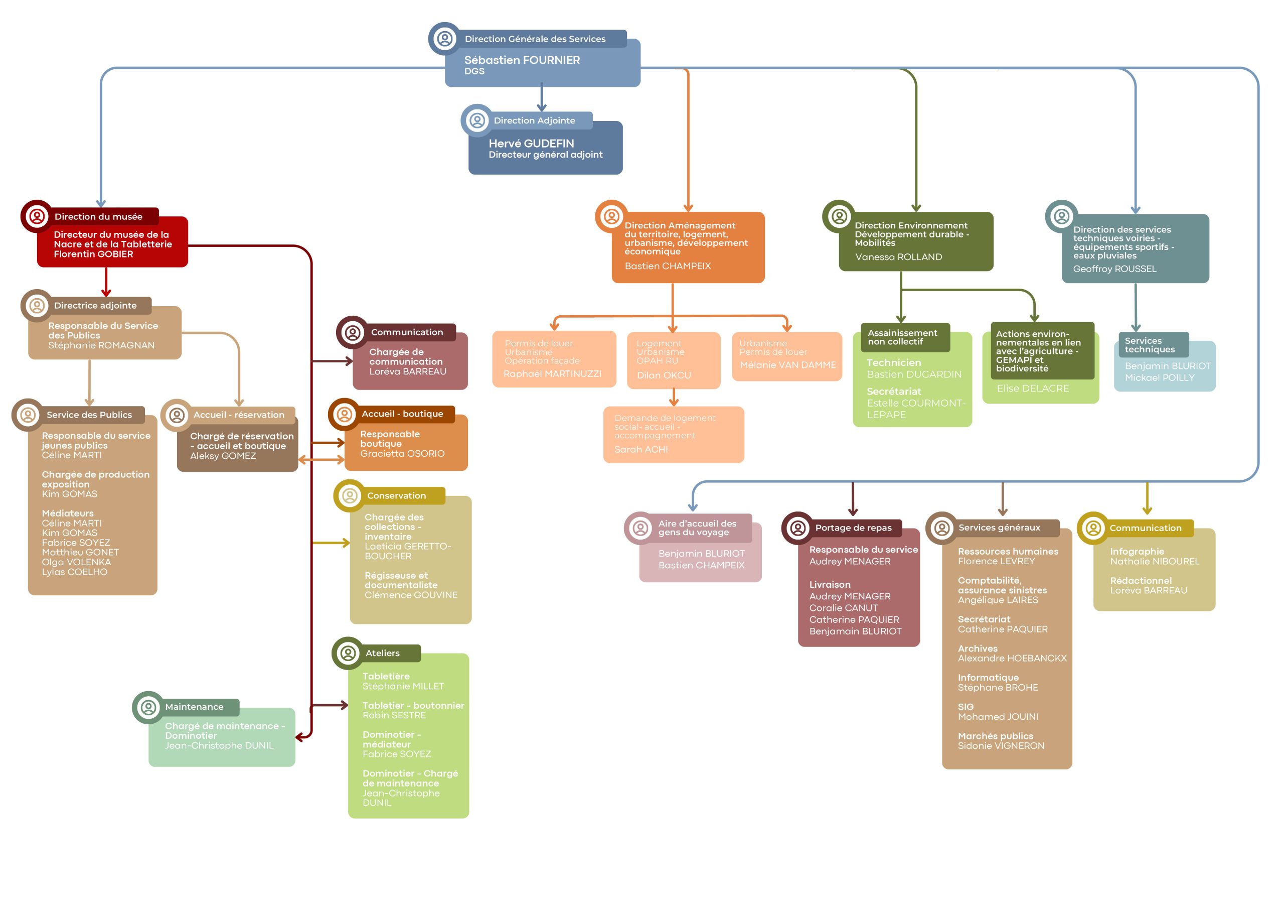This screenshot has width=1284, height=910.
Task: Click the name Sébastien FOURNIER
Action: [x=521, y=60]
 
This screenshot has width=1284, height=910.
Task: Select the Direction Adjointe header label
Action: [x=534, y=120]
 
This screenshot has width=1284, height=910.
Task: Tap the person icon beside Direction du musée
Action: [x=37, y=216]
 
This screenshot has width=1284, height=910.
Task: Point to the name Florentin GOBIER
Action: [x=93, y=254]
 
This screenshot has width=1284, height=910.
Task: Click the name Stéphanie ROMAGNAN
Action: [x=101, y=345]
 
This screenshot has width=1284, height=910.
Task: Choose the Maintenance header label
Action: [x=194, y=707]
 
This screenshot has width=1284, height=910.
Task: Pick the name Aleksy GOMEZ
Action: [x=223, y=456]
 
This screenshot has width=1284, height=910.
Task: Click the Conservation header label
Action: [x=396, y=495]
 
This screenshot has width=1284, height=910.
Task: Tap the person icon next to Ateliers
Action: [x=348, y=653]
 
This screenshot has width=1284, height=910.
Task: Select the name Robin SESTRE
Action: [x=394, y=715]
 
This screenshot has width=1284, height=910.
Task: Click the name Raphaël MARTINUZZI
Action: [x=552, y=374]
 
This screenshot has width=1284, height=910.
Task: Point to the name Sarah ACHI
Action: [x=640, y=449]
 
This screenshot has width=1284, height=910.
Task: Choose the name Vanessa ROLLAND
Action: [x=898, y=256]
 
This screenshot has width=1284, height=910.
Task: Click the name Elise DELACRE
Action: [x=1033, y=388]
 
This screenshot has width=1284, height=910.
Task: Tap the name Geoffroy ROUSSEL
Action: [x=1114, y=269]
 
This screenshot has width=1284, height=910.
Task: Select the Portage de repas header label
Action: [x=853, y=528]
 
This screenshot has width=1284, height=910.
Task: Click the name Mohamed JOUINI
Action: [x=997, y=717]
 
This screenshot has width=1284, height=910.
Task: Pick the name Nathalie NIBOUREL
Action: [x=1154, y=561]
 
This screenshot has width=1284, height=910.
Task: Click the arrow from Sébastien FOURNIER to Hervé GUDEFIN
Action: [x=542, y=97]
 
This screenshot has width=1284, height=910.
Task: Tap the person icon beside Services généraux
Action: [x=942, y=528]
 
